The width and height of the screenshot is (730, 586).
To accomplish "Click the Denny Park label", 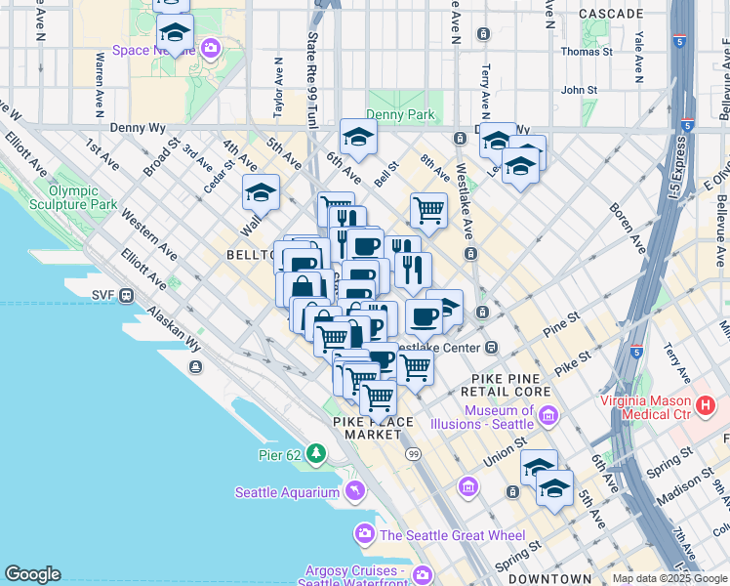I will click(400, 114).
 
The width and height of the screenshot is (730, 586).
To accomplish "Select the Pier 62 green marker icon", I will click(315, 453).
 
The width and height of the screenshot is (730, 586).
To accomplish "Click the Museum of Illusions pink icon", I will click(547, 417).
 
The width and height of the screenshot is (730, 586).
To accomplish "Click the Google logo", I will click(32, 574).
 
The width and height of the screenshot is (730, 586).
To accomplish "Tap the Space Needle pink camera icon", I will click(210, 46).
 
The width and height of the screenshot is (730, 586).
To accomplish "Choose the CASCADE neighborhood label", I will click(611, 14).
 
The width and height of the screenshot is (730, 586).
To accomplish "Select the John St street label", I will click(579, 90).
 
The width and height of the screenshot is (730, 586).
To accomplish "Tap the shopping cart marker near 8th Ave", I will click(428, 208).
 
